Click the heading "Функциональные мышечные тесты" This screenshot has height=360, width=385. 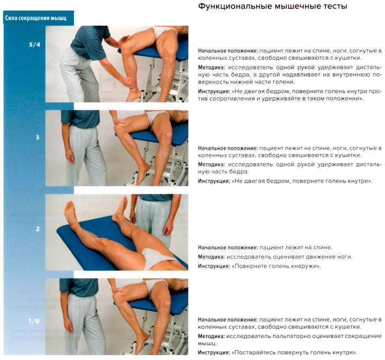[273, 6]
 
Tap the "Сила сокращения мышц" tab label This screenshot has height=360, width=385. [36, 18]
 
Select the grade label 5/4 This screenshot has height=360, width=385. [34, 44]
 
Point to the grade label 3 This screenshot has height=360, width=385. [37, 137]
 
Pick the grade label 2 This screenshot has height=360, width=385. [37, 229]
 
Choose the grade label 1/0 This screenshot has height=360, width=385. [34, 321]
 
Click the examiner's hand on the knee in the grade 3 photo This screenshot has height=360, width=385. [119, 120]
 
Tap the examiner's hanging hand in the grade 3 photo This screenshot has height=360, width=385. [69, 156]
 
